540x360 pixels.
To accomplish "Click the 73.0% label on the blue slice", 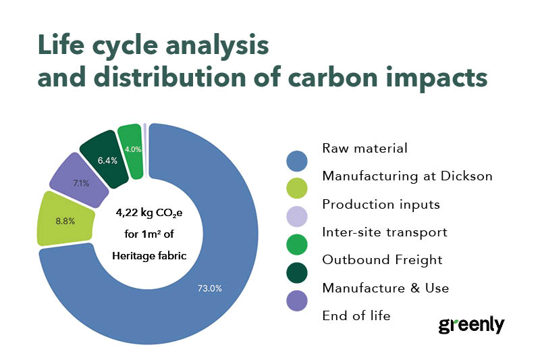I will (210, 288).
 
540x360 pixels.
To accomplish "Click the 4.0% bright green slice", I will (132, 150).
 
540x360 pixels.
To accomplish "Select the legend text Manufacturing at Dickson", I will (407, 176).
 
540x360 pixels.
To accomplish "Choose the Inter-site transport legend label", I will (384, 232).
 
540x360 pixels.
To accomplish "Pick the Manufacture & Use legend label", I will (385, 288).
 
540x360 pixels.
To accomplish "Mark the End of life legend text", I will (356, 315).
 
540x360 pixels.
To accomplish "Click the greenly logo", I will (471, 325).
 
